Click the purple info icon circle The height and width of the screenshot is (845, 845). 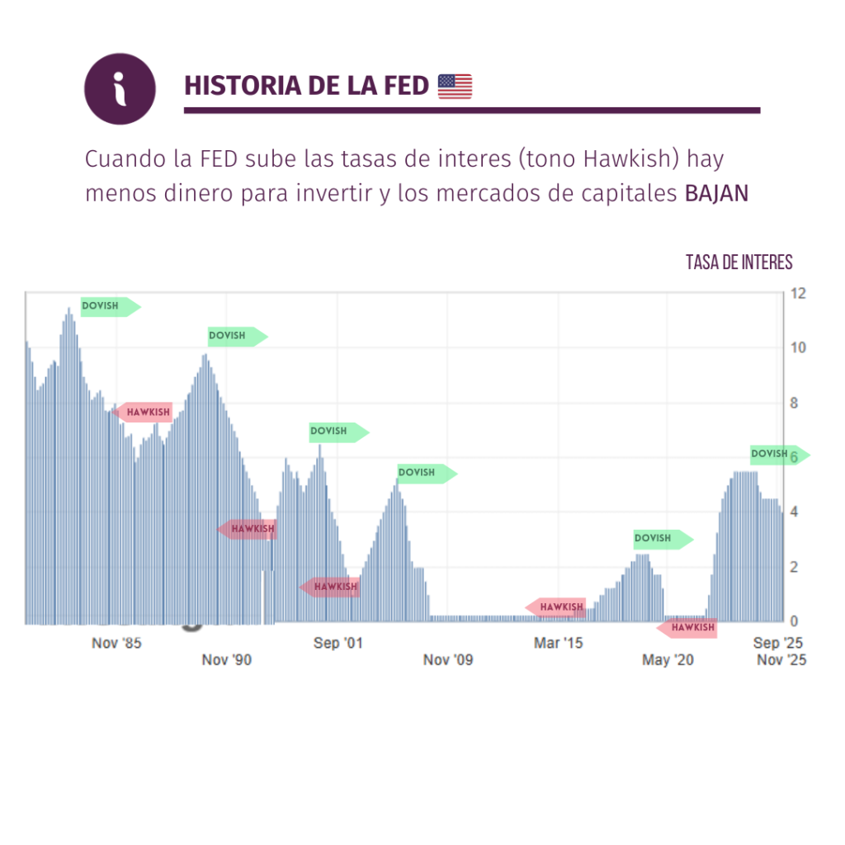[120, 89]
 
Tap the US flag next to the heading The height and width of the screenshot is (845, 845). [455, 86]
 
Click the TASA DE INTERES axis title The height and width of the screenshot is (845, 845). [739, 262]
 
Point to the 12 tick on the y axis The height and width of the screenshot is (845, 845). [798, 294]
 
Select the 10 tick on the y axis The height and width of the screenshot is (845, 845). [798, 347]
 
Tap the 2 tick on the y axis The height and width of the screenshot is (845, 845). [795, 567]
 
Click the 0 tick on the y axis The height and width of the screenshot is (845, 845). [795, 621]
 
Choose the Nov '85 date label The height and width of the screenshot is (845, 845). [116, 643]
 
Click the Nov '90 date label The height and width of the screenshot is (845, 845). [227, 659]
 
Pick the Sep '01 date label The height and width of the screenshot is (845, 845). [338, 643]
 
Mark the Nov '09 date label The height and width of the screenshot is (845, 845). [448, 659]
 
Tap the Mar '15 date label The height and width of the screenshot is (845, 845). [558, 643]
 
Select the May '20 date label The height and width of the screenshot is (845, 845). [668, 659]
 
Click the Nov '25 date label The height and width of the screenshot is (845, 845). [781, 659]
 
